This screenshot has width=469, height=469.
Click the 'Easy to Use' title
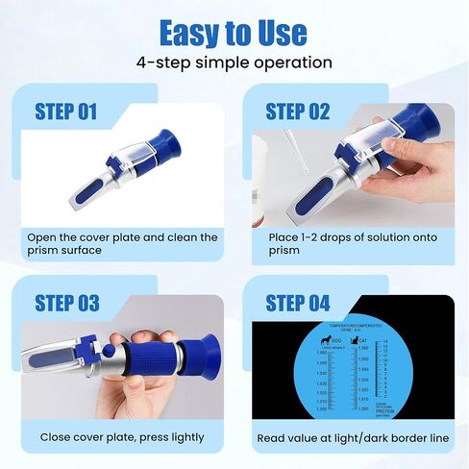pos(234,31)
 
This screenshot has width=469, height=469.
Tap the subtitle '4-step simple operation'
pos(234,62)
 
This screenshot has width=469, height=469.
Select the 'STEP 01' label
pos(66,111)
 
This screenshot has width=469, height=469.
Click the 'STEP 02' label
pos(297,111)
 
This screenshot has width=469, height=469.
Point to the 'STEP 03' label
pos(66,303)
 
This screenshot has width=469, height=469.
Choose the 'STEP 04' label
pos(297,303)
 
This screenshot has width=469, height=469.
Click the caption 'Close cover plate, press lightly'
pos(121,437)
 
